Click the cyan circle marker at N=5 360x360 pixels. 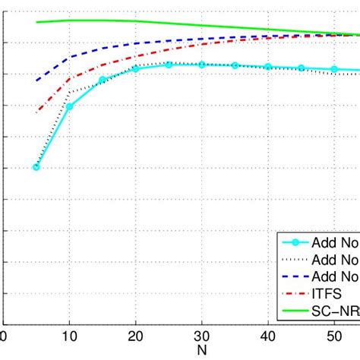[36, 167]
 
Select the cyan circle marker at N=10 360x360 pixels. [69, 106]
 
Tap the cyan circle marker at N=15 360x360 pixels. [103, 80]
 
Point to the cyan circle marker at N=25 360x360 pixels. [169, 65]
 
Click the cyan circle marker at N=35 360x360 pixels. [235, 65]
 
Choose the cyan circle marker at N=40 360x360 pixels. [268, 67]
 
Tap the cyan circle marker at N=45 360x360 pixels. [302, 68]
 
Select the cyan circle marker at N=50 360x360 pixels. [334, 70]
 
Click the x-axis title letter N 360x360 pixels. [201, 351]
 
